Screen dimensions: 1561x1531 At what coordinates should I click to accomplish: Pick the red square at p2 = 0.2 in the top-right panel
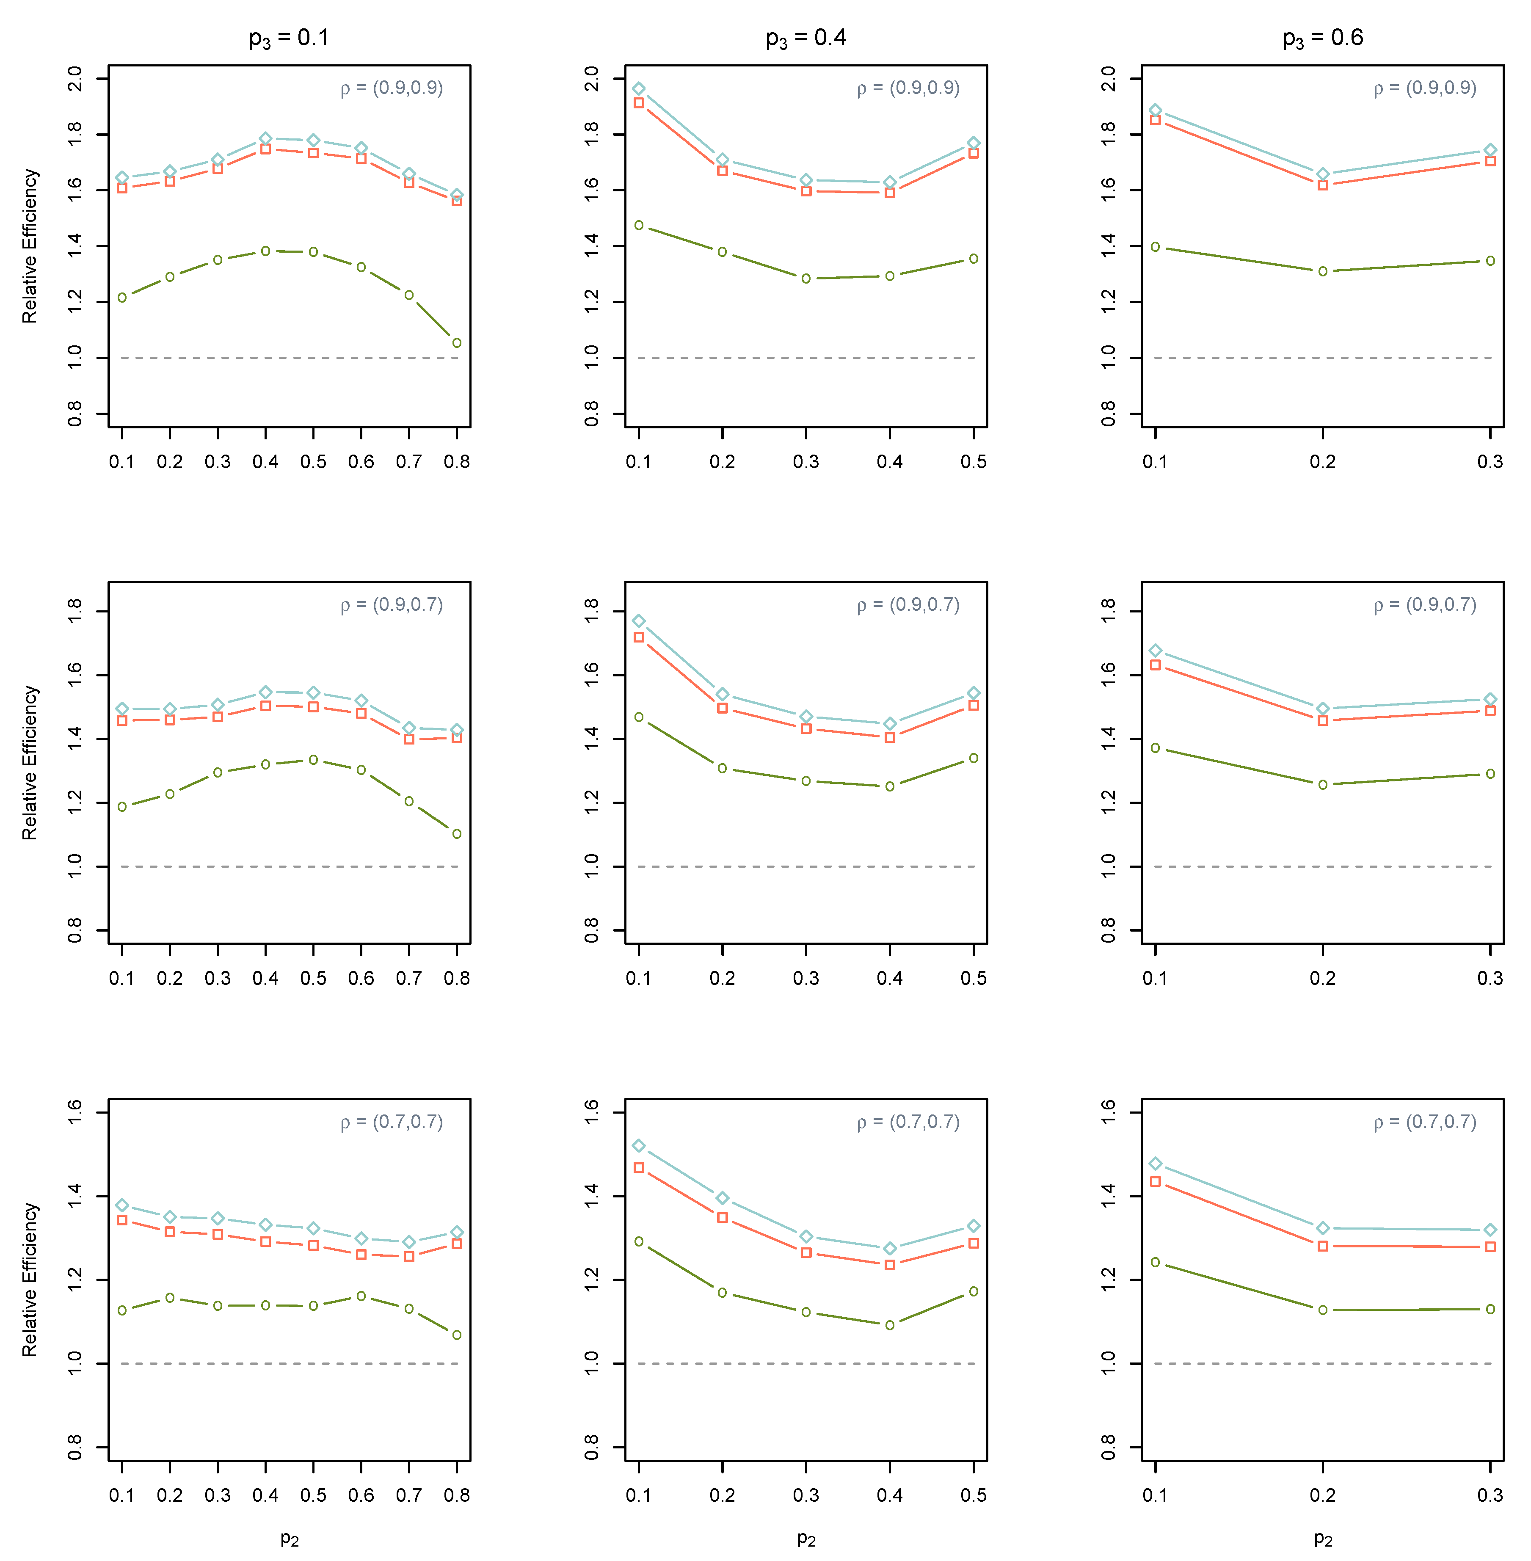(x=1323, y=185)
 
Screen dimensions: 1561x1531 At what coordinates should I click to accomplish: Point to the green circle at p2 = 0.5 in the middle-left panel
(x=314, y=760)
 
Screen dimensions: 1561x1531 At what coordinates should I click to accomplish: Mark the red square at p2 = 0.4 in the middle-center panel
(x=890, y=737)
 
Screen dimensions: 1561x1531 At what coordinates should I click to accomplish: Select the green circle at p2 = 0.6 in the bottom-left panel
(x=361, y=1296)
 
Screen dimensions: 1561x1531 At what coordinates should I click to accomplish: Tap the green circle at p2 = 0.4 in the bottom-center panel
(x=890, y=1325)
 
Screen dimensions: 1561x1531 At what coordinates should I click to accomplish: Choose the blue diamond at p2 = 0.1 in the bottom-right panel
(x=1156, y=1164)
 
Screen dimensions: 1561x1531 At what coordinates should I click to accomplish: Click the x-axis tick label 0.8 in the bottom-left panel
(x=457, y=1496)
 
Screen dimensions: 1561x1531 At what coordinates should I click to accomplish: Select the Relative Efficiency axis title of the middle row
(x=30, y=762)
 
